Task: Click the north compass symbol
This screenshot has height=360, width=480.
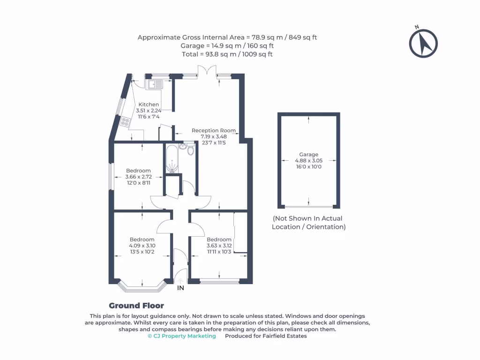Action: point(423,43)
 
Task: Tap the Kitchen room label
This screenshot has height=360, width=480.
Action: point(148,105)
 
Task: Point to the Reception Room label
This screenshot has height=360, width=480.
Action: point(213,131)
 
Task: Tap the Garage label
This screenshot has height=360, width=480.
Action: point(308,154)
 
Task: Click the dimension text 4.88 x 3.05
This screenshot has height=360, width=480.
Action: point(308,160)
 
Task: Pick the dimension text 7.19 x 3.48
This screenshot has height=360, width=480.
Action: point(213,137)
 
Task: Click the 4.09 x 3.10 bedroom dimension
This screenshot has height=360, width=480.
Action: point(142,246)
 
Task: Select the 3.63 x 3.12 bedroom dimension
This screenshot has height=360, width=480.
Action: point(219,246)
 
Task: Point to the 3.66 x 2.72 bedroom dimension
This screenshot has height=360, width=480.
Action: point(138,177)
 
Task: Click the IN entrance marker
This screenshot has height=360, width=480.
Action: point(180,288)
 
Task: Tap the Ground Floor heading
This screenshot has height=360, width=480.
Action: point(136,306)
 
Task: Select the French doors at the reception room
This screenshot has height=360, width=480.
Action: point(207,73)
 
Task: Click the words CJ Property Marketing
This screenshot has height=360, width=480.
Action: point(182,336)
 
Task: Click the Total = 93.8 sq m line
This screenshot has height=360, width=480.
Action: point(227,54)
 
